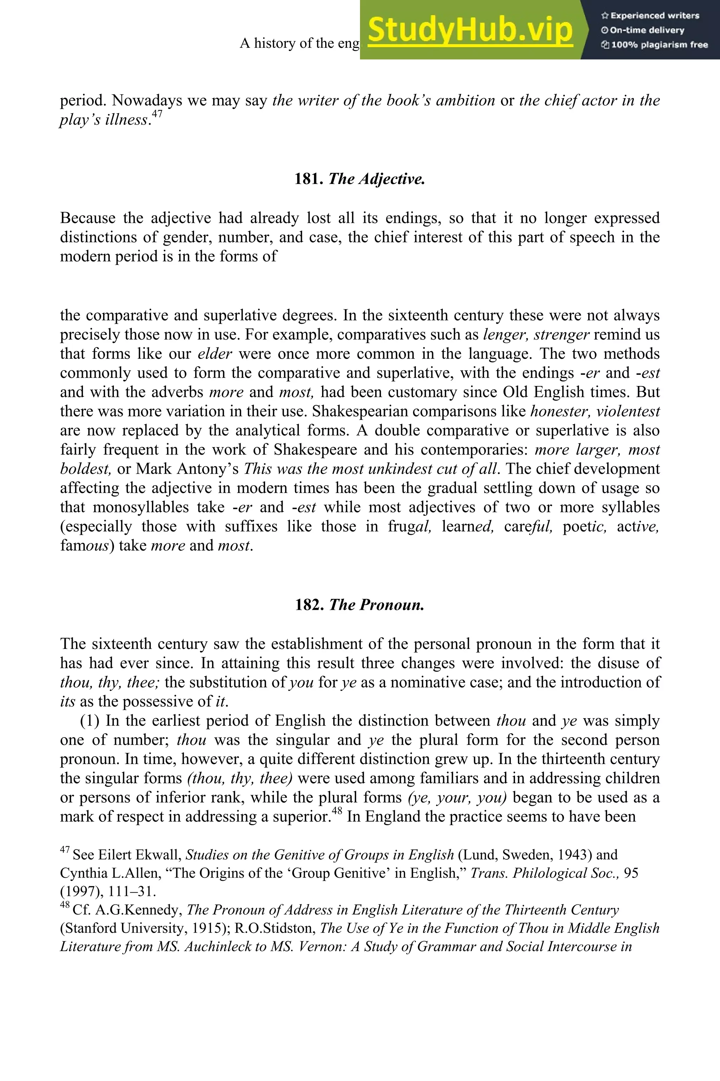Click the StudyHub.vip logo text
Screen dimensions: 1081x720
pyautogui.click(x=470, y=30)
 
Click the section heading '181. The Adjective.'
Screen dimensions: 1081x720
pyautogui.click(x=360, y=179)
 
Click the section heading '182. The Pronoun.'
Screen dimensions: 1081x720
pyautogui.click(x=360, y=605)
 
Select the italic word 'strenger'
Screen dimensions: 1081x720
pyautogui.click(x=561, y=335)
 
